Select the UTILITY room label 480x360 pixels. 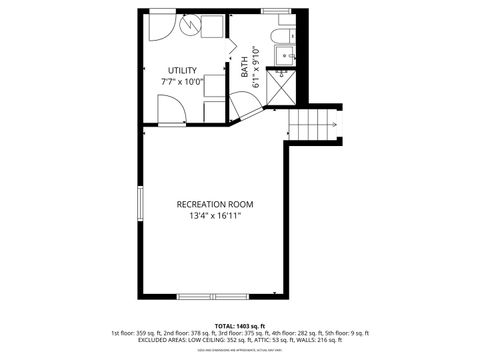point(182,70)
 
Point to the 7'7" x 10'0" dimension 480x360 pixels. point(182,82)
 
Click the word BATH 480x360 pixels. point(244,68)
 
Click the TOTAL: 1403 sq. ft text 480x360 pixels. point(239,325)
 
